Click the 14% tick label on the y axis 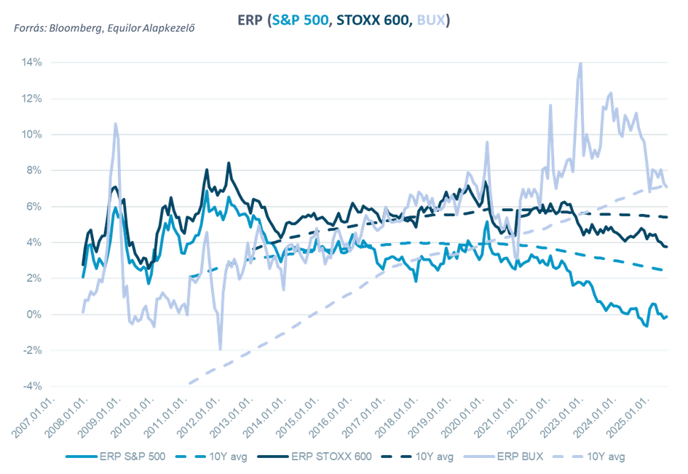(32, 63)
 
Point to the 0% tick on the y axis (35, 315)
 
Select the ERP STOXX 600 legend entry (331, 457)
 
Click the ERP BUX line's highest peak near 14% (580, 64)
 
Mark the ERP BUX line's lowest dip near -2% (220, 348)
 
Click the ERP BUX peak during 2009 (115, 124)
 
